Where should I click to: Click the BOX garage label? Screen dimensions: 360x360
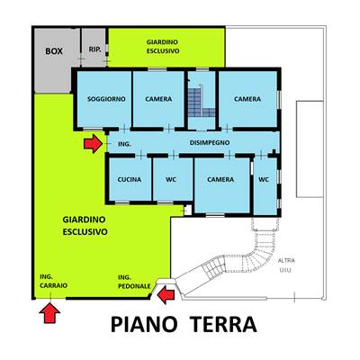coord(54,51)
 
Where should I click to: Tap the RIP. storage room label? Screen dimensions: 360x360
coord(94,49)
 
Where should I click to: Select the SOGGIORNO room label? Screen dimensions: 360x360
coord(106,99)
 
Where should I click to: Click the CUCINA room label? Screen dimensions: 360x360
coord(130,179)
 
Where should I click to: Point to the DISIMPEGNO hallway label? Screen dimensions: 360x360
coord(210,142)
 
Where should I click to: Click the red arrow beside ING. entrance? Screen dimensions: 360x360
coord(93,144)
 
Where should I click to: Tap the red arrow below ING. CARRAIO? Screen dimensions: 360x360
coord(49,313)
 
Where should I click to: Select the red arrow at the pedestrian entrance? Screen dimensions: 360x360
coord(166,295)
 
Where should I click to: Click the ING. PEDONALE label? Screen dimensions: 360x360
coord(134,282)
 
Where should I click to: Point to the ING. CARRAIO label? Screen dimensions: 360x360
coord(53,281)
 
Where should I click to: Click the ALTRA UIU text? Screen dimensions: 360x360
coord(286,265)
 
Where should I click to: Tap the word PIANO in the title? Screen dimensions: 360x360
coord(144,324)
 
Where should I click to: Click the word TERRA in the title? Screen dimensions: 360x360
coord(223,324)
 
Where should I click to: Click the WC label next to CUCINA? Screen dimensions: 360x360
coord(171,179)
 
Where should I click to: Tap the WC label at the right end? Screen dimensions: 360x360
coord(264,179)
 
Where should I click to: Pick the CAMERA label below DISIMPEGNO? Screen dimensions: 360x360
coord(220,179)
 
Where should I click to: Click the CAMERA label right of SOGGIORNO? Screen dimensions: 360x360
coord(158,99)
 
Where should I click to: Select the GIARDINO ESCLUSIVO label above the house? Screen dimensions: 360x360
coord(163,47)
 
